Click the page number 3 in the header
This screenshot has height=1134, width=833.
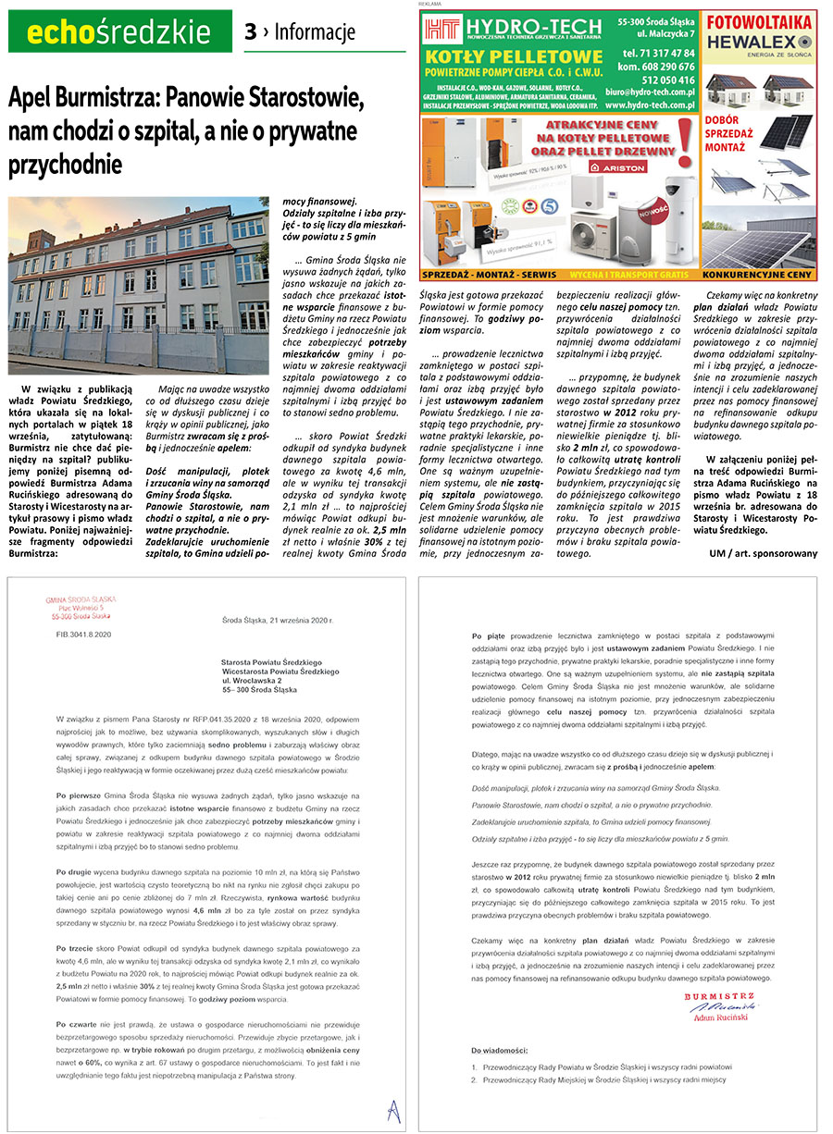(250, 32)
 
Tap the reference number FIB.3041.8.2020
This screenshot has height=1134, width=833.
(83, 635)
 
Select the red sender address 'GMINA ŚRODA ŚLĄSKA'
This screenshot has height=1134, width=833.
(78, 600)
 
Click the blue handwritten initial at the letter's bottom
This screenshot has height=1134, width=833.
(391, 1107)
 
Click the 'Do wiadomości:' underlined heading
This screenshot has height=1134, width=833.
(500, 1051)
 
